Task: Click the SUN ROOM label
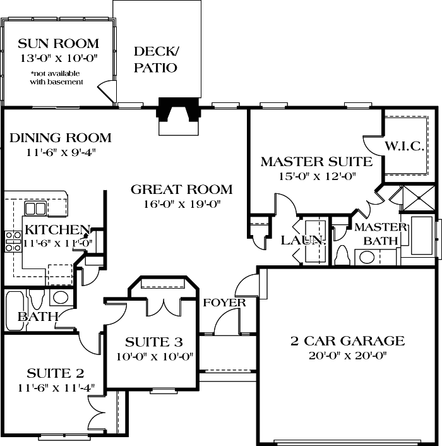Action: pyautogui.click(x=57, y=44)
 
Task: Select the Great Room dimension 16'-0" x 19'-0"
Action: pyautogui.click(x=182, y=204)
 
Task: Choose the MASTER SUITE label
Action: pyautogui.click(x=316, y=162)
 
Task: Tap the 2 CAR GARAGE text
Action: pyautogui.click(x=347, y=341)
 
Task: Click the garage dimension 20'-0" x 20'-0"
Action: pyautogui.click(x=347, y=355)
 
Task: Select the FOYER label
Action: pyautogui.click(x=224, y=303)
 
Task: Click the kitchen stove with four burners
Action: pyautogui.click(x=13, y=241)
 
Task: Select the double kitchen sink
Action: pyautogui.click(x=31, y=208)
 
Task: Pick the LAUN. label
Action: pyautogui.click(x=294, y=240)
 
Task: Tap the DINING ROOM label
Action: pyautogui.click(x=61, y=138)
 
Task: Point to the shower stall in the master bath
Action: pyautogui.click(x=417, y=198)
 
